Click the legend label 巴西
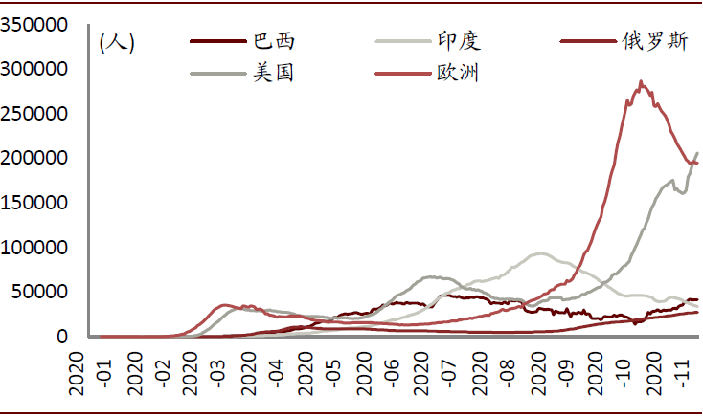tap(273, 41)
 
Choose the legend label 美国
tap(273, 73)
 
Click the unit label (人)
tap(117, 42)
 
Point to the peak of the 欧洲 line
tap(640, 82)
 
